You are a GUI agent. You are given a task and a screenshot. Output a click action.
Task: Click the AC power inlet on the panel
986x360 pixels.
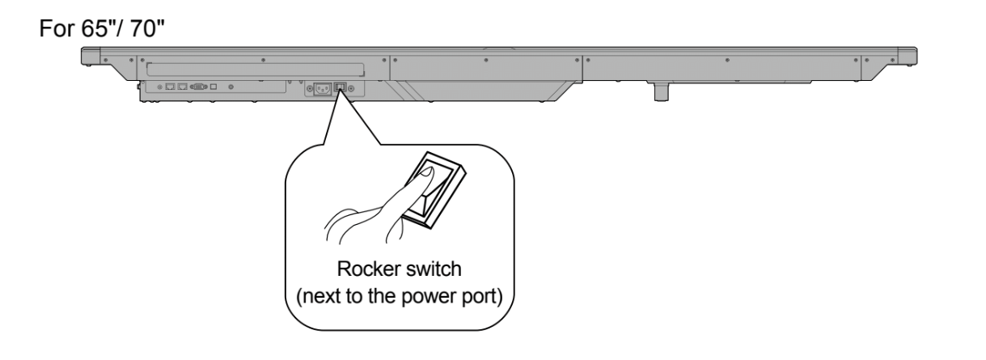point(319,87)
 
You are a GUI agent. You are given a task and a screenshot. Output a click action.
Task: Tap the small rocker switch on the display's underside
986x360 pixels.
point(341,87)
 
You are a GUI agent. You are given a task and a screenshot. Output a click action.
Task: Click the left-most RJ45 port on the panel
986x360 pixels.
point(171,86)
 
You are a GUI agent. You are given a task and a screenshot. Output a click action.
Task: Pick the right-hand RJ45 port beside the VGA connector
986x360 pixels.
point(183,86)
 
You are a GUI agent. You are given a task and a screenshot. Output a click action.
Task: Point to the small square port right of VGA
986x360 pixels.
point(214,86)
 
